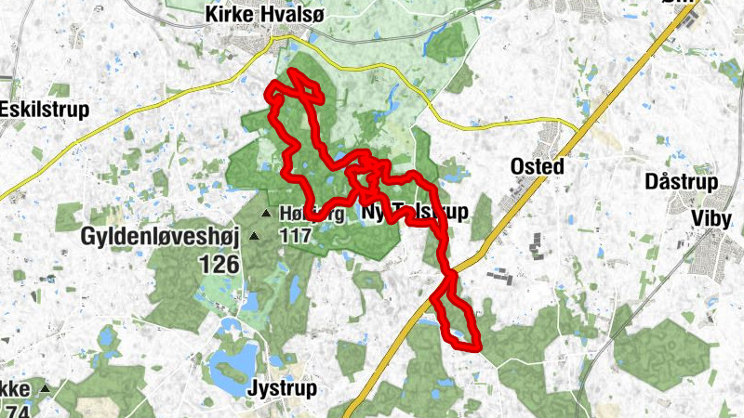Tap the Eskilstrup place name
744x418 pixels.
point(44,110)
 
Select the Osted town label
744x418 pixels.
point(538,166)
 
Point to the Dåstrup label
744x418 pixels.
point(681,183)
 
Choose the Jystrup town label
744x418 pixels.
point(283,388)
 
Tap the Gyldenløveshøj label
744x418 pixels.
point(161,237)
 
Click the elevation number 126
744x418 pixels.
point(219,265)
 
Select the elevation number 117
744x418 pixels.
point(295,236)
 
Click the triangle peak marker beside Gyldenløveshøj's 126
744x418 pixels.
point(254,236)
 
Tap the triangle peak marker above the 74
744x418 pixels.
point(43,387)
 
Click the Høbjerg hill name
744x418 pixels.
point(312,215)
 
